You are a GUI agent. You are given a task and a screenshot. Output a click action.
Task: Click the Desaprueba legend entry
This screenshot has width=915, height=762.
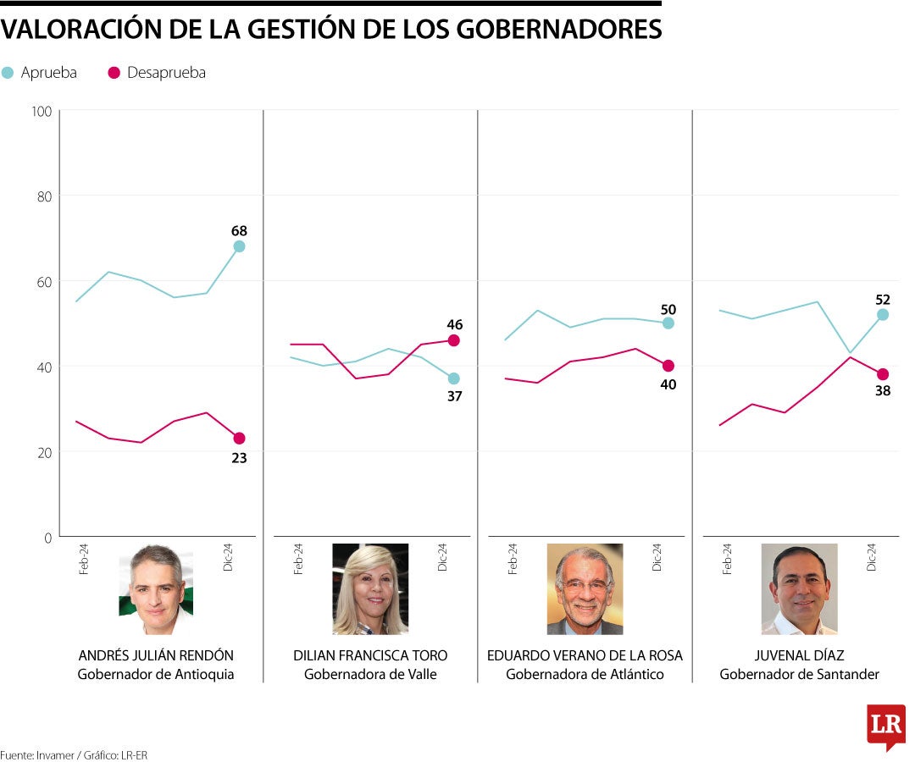[158, 73]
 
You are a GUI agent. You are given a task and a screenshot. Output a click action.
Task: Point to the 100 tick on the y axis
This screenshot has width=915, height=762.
[42, 111]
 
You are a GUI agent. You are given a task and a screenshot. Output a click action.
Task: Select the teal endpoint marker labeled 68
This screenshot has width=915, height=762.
[239, 246]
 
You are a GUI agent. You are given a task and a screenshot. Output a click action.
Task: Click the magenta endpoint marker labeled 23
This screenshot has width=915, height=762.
[239, 439]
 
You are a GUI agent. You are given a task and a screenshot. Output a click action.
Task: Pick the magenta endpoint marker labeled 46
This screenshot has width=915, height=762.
[453, 340]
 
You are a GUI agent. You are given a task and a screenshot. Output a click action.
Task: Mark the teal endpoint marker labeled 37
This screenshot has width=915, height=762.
[453, 378]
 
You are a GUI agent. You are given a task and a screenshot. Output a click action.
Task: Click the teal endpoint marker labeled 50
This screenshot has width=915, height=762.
[668, 323]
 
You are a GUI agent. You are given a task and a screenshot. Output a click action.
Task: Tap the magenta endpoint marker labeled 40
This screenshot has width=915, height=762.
[668, 366]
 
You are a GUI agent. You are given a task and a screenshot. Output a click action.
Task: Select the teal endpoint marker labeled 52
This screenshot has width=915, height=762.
[882, 314]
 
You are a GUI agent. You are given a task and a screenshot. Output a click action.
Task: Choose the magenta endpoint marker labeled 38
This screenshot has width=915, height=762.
[882, 374]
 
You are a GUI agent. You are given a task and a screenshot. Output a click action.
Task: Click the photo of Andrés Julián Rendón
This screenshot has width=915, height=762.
[156, 589]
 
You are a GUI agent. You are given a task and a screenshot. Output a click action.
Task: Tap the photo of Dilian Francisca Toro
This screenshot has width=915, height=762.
[370, 589]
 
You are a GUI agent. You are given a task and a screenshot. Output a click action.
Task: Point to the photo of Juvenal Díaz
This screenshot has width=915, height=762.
[799, 589]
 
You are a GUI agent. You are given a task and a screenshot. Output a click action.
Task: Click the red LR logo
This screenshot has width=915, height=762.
[885, 726]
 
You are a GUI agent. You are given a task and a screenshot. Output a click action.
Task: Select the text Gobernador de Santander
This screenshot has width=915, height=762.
[799, 675]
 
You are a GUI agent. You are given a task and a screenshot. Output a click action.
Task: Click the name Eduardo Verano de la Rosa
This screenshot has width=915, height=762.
[585, 656]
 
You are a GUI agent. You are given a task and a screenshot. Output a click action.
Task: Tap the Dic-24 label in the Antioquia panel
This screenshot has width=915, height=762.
[228, 557]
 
